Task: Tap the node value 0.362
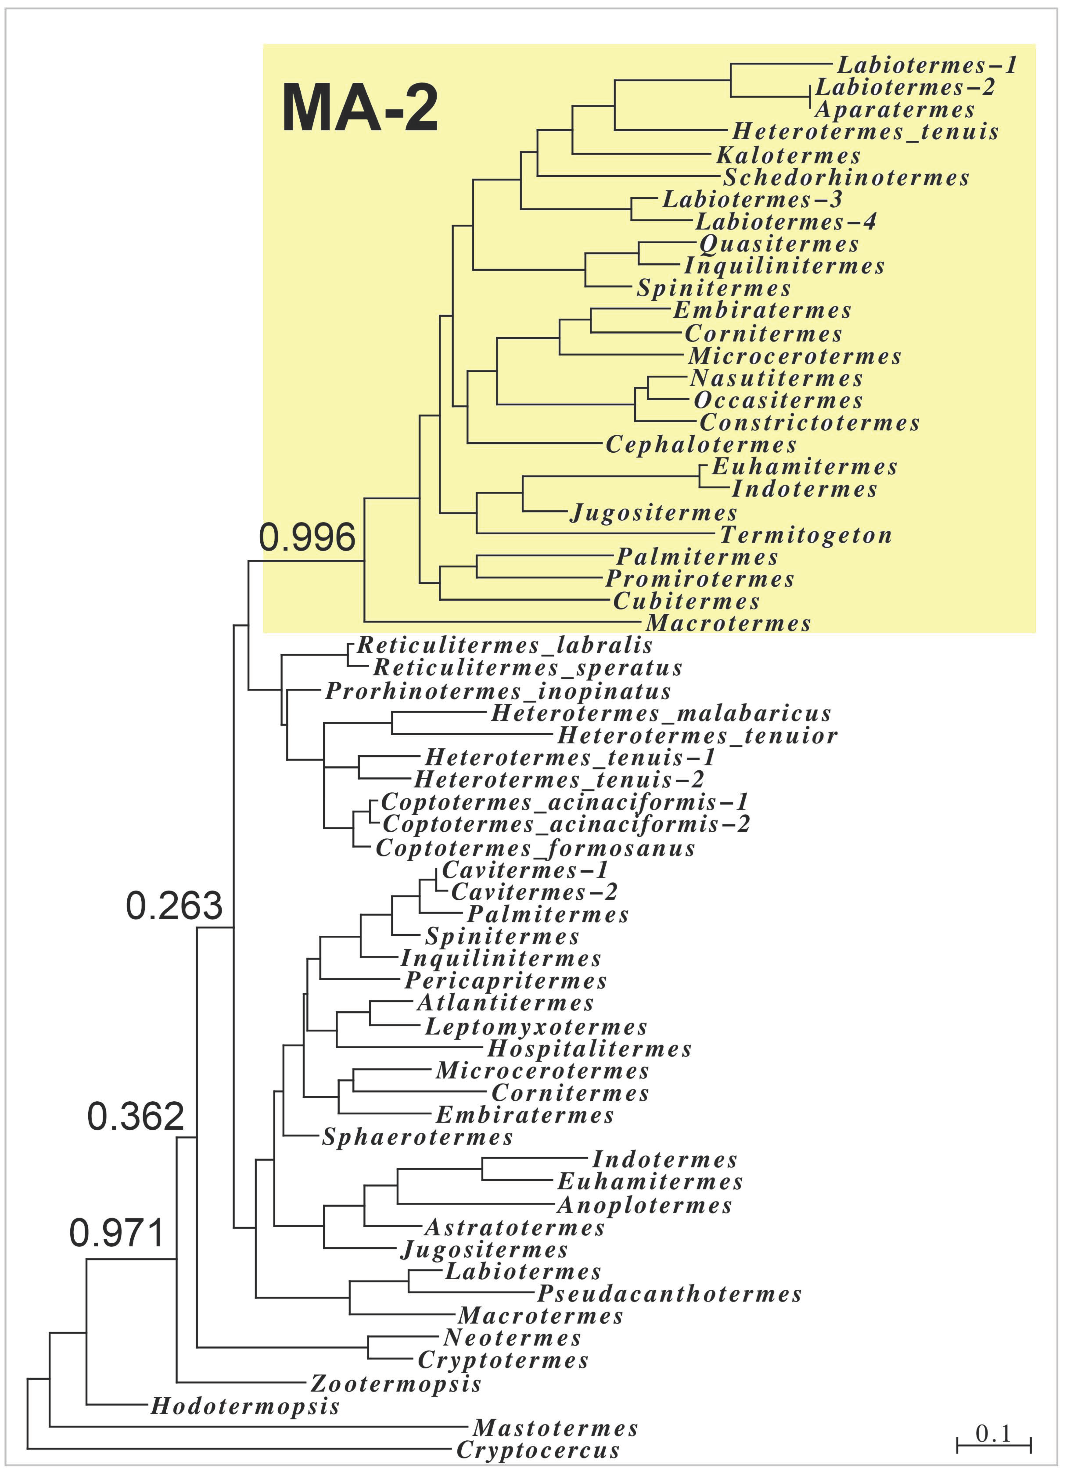click(x=135, y=1116)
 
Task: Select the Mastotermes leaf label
click(x=555, y=1428)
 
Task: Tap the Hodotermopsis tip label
click(x=245, y=1406)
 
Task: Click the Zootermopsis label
click(x=396, y=1383)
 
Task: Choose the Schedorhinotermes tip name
click(x=846, y=177)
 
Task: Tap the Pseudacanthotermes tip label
click(x=669, y=1294)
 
